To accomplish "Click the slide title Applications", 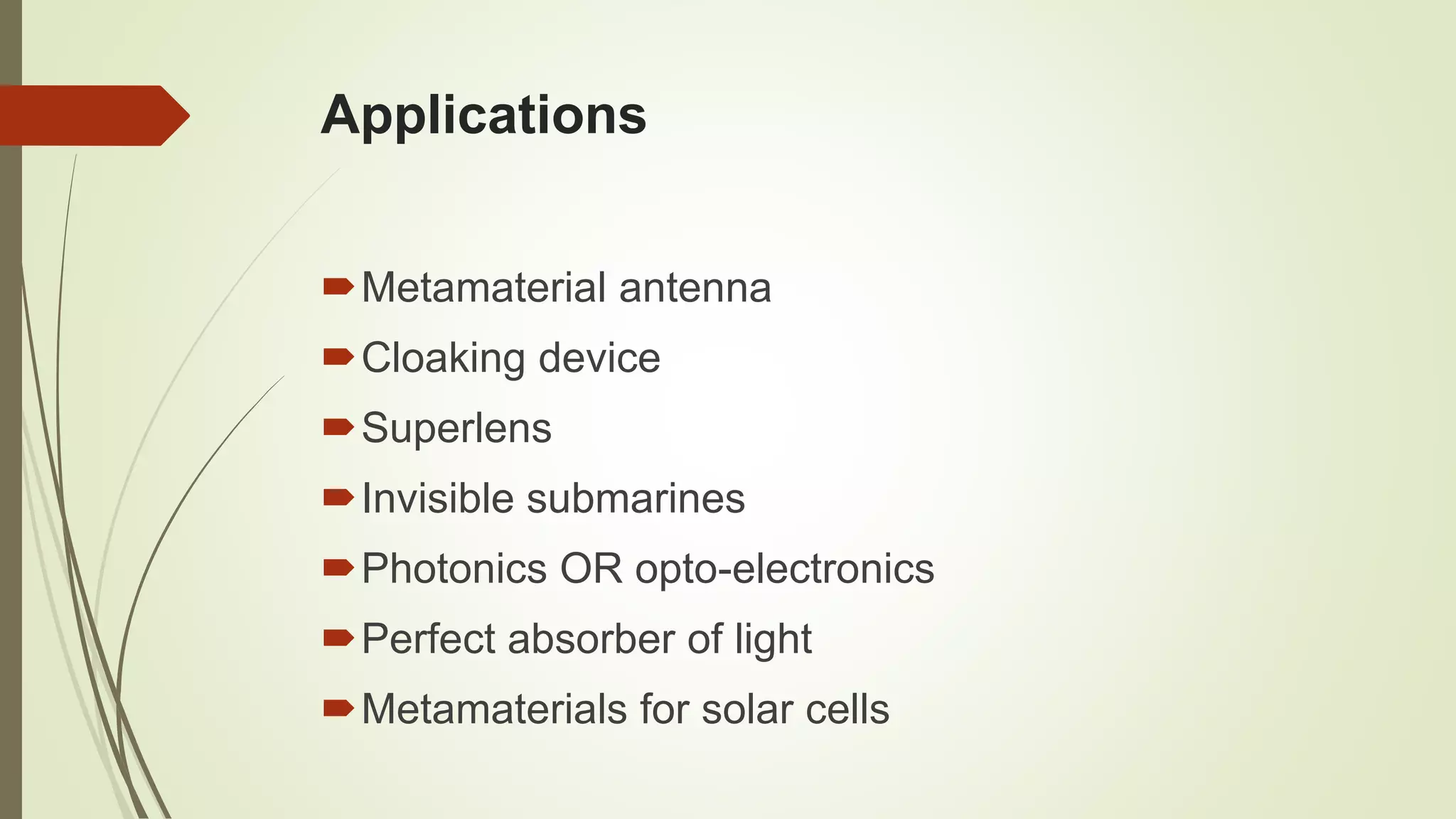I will click(x=483, y=115).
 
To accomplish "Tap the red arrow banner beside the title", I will click(x=92, y=115).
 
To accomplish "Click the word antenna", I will click(x=695, y=288).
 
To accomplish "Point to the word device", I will click(x=599, y=358).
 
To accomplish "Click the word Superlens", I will click(x=456, y=428).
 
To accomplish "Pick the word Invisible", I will click(x=437, y=498).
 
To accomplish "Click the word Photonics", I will click(x=454, y=569).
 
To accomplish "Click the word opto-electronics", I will click(x=784, y=569).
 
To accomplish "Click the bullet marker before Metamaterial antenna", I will click(x=338, y=287).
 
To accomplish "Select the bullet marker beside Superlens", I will click(x=338, y=427).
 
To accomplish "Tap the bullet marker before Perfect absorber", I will click(x=338, y=638).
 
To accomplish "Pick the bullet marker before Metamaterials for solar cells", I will click(x=338, y=707).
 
